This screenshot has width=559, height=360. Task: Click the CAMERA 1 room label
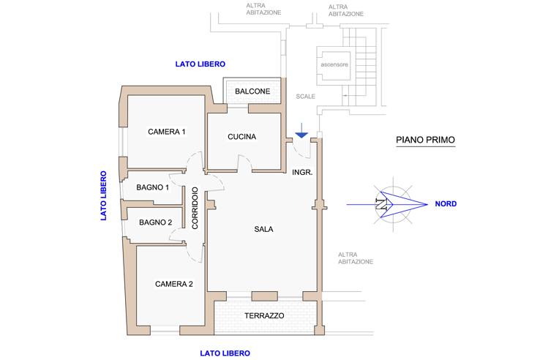[x=167, y=132]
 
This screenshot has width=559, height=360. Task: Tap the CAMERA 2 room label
[x=174, y=284]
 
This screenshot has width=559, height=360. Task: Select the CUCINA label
[x=241, y=137]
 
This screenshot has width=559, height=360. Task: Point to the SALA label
[x=264, y=229]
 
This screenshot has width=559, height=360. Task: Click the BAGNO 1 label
[x=153, y=187]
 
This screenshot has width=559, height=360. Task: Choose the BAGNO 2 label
[x=155, y=222]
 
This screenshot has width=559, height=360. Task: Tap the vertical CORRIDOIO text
[x=195, y=208]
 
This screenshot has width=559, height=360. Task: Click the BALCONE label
[x=252, y=91]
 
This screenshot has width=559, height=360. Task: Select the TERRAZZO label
[x=264, y=315]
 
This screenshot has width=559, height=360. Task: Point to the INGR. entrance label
[x=302, y=173]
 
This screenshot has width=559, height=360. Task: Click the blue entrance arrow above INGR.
[x=301, y=131]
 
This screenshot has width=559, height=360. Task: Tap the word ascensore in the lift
[x=334, y=64]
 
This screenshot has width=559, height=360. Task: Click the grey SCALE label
[x=306, y=97]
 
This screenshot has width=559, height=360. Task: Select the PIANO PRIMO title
[x=426, y=140]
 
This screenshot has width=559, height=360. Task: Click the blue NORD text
[x=446, y=204]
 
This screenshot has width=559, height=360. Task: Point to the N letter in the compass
[x=381, y=205]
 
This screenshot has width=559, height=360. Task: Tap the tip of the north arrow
[x=427, y=204]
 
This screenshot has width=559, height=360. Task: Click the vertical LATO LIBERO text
[x=103, y=195]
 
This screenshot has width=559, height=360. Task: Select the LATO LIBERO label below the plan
[x=225, y=353]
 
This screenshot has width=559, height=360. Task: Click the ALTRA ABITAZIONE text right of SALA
[x=356, y=258]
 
